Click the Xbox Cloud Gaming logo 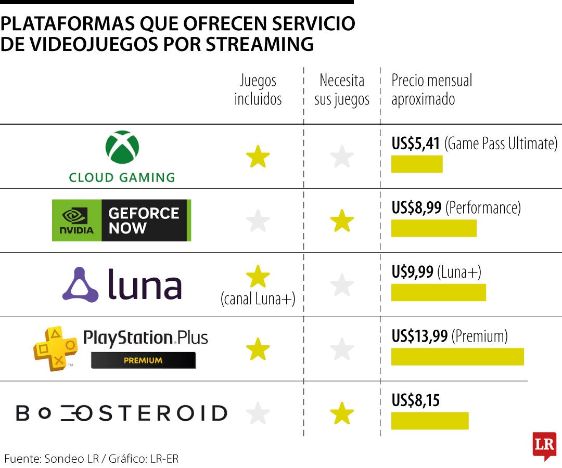pyautogui.click(x=122, y=156)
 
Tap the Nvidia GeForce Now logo pyautogui.click(x=121, y=220)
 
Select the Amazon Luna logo pyautogui.click(x=122, y=284)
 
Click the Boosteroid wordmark pyautogui.click(x=121, y=413)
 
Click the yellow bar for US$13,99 pyautogui.click(x=457, y=357)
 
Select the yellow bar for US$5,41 pyautogui.click(x=417, y=164)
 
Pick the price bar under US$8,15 pyautogui.click(x=430, y=421)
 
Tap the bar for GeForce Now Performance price pyautogui.click(x=434, y=228)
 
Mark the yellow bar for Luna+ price pyautogui.click(x=439, y=292)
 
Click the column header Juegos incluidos pyautogui.click(x=258, y=90)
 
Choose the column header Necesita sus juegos pyautogui.click(x=342, y=90)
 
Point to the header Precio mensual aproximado pyautogui.click(x=432, y=90)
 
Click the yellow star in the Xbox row pyautogui.click(x=258, y=157)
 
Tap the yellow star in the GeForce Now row pyautogui.click(x=342, y=221)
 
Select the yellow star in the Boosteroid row pyautogui.click(x=342, y=414)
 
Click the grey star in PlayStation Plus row pyautogui.click(x=342, y=349)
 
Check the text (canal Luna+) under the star pyautogui.click(x=258, y=299)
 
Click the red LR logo pyautogui.click(x=544, y=445)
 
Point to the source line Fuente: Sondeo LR pyautogui.click(x=92, y=459)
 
